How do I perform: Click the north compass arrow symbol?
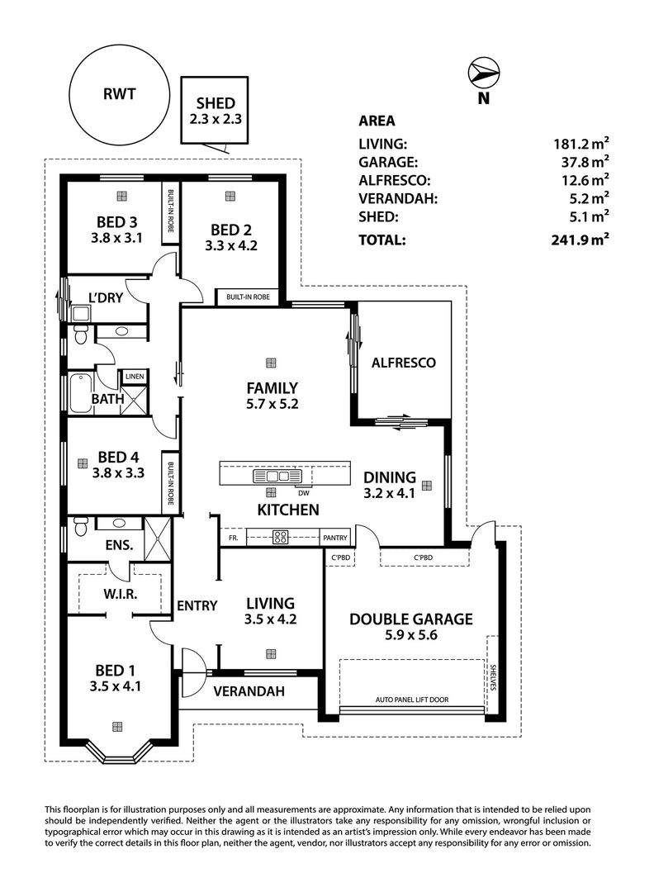[483, 72]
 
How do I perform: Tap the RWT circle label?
[120, 94]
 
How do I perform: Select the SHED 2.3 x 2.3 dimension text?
[216, 119]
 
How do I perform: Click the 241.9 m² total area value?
[580, 240]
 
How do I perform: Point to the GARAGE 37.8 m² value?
[585, 162]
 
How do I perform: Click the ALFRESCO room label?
[403, 363]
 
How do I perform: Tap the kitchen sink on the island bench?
[277, 476]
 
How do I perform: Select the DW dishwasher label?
[304, 493]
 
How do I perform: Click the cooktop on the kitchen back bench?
[281, 537]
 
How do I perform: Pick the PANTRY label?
[335, 538]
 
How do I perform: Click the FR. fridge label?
[233, 538]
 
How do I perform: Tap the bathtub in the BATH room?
[81, 393]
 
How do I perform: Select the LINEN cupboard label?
[135, 377]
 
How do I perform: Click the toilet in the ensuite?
[80, 526]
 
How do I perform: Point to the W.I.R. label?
[121, 595]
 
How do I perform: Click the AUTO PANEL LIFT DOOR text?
[412, 700]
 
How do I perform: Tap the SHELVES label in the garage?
[493, 677]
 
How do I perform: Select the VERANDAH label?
[249, 691]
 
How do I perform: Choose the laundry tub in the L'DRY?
[82, 314]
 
